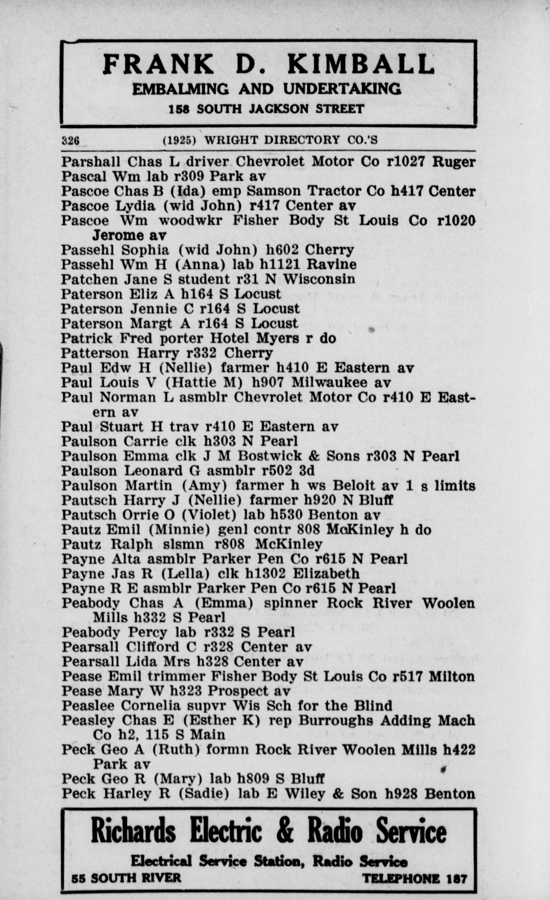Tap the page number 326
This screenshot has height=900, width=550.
tap(70, 140)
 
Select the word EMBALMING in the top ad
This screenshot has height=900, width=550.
tap(180, 89)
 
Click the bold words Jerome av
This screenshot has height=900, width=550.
tap(129, 235)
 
